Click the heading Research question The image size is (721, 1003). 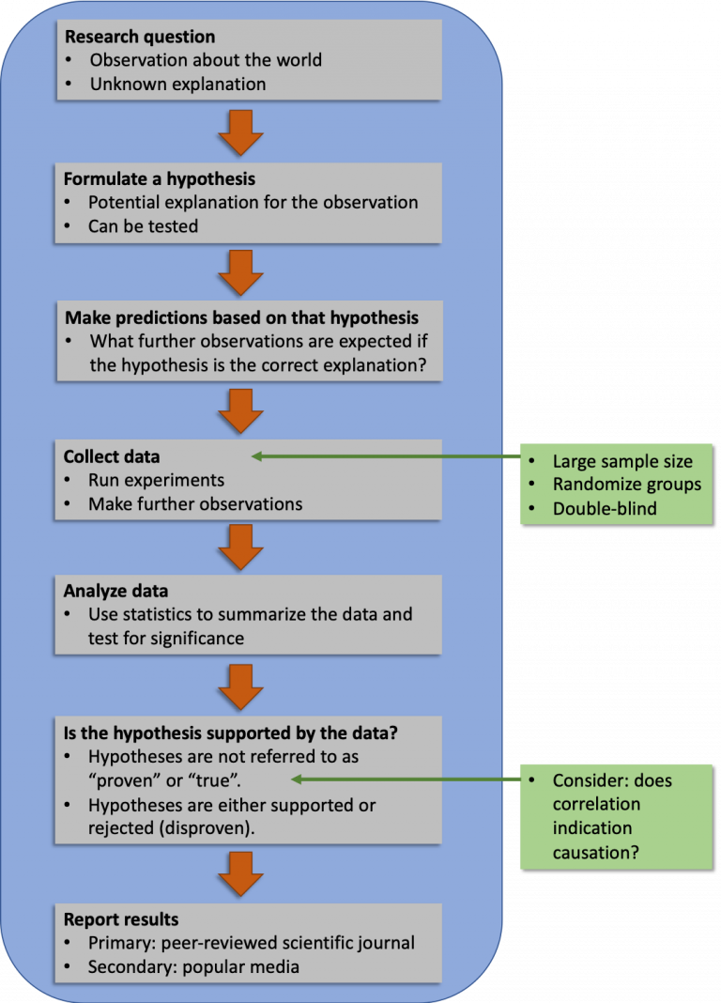[139, 38]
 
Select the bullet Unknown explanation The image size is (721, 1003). [177, 84]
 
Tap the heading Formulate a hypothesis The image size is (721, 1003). [160, 178]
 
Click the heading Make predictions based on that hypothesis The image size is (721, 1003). [242, 317]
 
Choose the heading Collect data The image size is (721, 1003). [112, 457]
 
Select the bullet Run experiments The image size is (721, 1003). [156, 481]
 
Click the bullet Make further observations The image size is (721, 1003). [195, 504]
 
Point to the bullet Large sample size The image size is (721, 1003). [622, 461]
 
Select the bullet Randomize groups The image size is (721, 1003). [626, 485]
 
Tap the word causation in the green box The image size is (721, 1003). [594, 853]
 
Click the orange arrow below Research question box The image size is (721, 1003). [240, 131]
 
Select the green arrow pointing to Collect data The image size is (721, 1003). [385, 457]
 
